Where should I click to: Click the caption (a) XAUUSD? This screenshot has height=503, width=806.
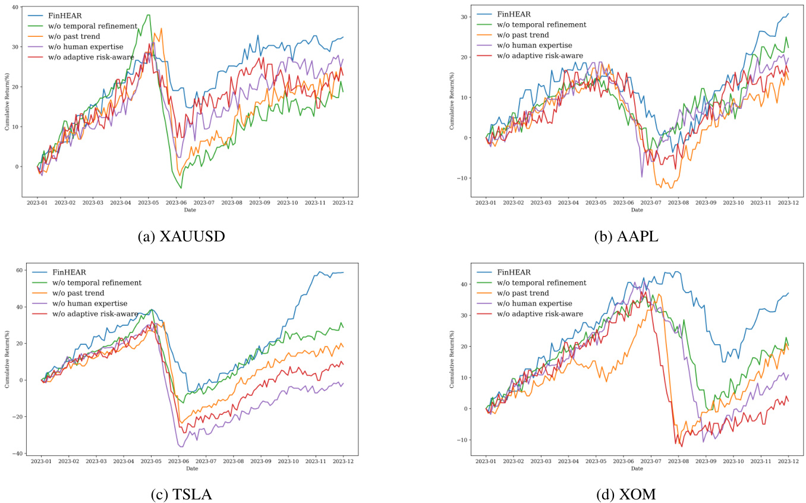coord(181,237)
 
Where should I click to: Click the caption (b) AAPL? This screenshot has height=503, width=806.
coord(626,237)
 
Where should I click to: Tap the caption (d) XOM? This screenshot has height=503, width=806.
coord(626,493)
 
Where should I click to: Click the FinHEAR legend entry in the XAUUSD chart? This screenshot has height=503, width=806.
coord(65,15)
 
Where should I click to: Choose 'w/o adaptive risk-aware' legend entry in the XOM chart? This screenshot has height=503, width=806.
coord(540,313)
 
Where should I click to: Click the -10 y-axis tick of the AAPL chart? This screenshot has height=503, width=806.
coord(461,178)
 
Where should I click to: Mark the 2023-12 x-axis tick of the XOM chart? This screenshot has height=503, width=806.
coord(788,461)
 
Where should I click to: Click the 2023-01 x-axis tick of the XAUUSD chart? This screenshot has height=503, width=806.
coord(37,203)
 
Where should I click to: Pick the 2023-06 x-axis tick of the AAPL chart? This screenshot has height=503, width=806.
coord(623,203)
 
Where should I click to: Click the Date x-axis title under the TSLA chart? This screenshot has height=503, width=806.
coord(191,469)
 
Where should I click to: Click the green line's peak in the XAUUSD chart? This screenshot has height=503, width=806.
coord(148,15)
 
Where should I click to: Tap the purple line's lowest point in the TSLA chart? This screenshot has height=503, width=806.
coord(181,446)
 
